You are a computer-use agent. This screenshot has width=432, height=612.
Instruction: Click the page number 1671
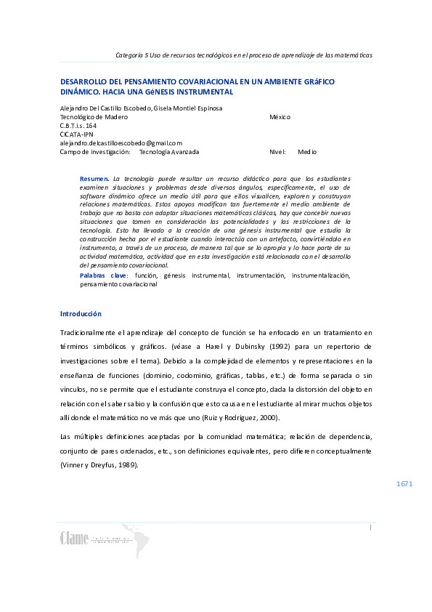tap(404, 483)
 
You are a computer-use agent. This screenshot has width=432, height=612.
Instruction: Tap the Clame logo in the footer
tap(74, 539)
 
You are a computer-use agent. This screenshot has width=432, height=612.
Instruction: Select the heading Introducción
tap(81, 313)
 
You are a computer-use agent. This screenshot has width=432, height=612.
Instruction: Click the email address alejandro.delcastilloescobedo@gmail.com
tap(121, 143)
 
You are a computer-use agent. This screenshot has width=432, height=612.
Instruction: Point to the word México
tap(280, 117)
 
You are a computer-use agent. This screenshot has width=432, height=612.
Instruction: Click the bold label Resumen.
tap(94, 178)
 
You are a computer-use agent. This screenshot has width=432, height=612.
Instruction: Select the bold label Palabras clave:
tap(104, 276)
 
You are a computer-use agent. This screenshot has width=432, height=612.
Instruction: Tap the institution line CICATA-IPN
tap(76, 134)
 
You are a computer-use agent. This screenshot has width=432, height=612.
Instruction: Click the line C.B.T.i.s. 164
tap(78, 126)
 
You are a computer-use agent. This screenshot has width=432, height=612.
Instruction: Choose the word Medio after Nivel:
tap(307, 152)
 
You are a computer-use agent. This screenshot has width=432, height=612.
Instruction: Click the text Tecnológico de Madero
tap(94, 117)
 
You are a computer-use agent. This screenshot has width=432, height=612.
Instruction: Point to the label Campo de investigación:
tap(95, 152)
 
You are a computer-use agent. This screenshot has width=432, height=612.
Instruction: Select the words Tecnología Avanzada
tap(168, 152)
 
